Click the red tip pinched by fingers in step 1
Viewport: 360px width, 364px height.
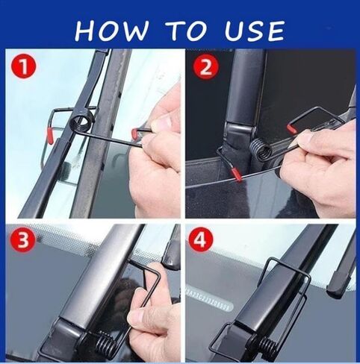pyautogui.click(x=137, y=134)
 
